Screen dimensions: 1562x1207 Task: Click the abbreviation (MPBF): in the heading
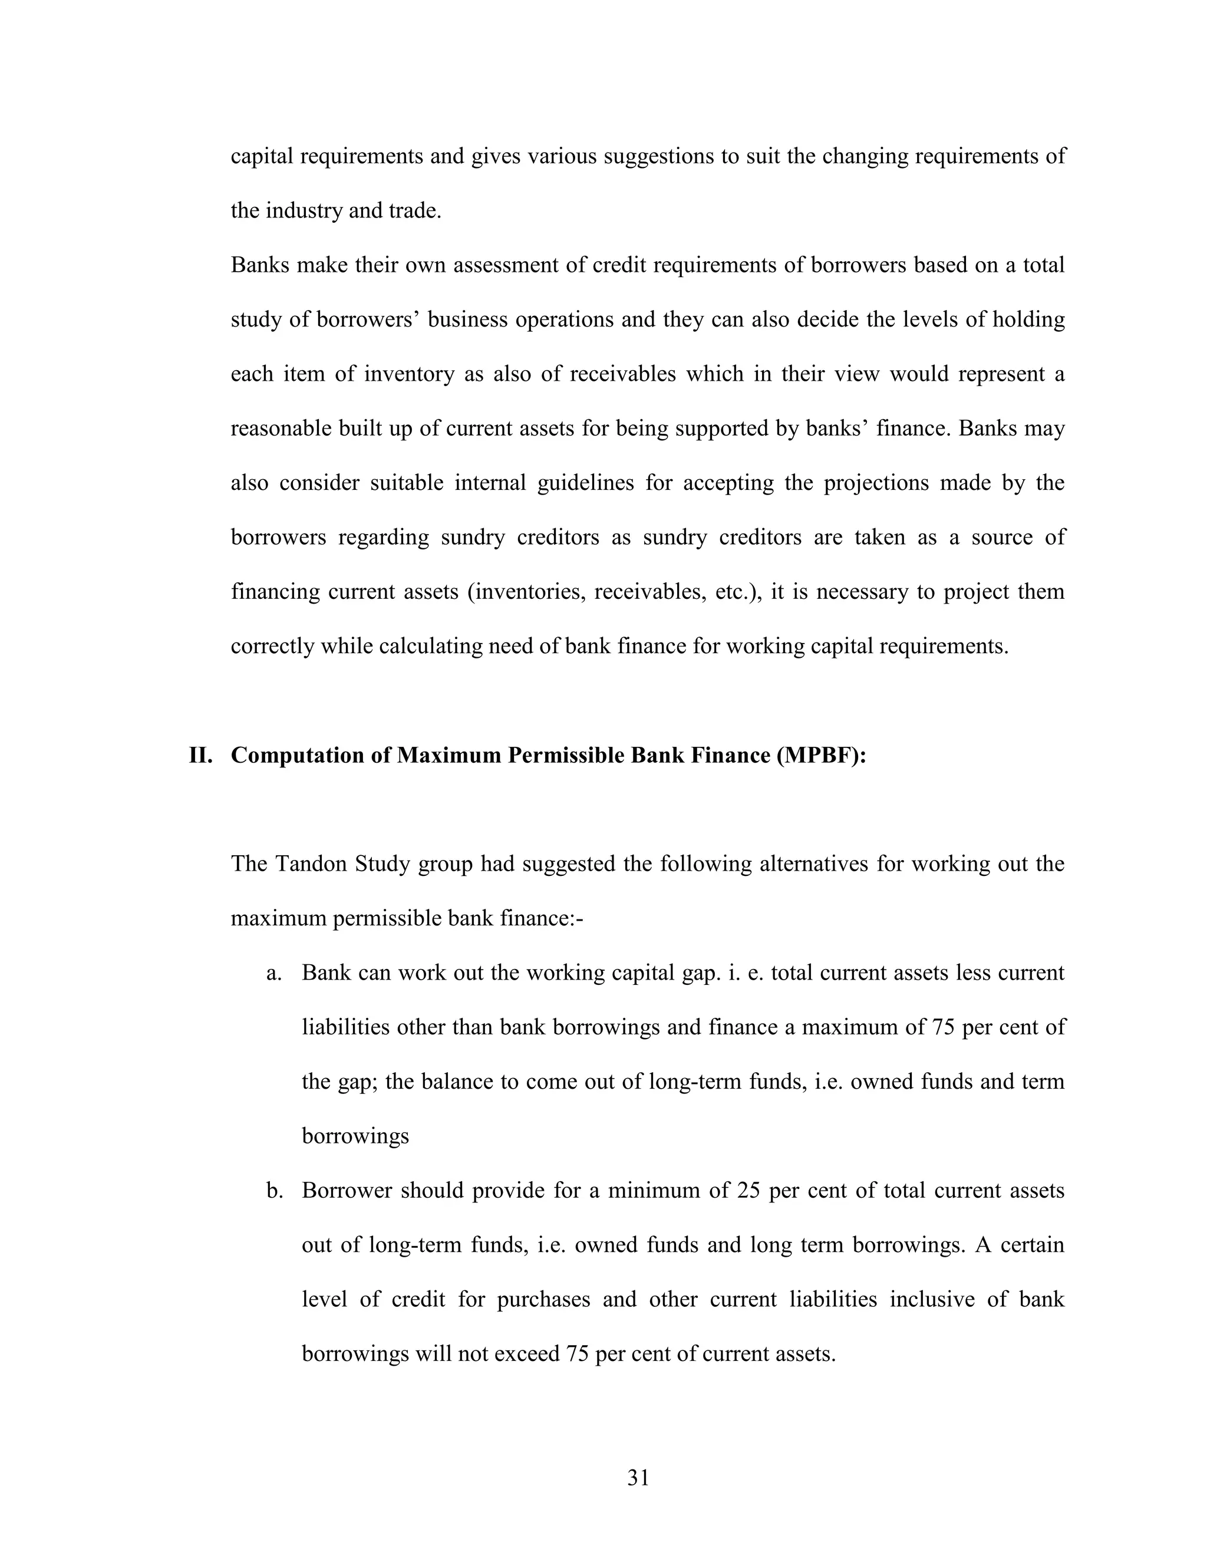[820, 755]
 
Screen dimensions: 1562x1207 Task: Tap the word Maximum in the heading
[449, 755]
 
